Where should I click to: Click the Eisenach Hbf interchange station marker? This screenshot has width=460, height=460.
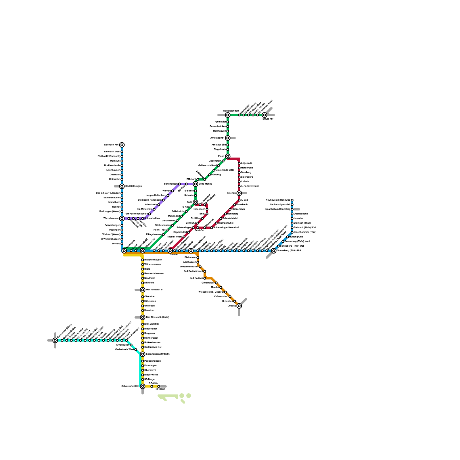tap(122, 145)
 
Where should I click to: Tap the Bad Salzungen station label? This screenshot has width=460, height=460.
tap(133, 186)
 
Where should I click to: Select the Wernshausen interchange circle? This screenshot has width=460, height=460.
tap(122, 218)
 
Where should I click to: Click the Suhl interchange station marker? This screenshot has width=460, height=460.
tap(195, 202)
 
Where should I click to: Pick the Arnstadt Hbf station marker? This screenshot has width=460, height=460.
tap(228, 138)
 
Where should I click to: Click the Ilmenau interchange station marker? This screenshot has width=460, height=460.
tap(239, 193)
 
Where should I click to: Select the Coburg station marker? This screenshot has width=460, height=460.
tap(239, 306)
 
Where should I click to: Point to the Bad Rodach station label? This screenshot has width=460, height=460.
tap(196, 278)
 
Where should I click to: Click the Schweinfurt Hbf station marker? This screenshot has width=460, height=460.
tap(143, 386)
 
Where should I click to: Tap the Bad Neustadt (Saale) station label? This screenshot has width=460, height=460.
tap(157, 317)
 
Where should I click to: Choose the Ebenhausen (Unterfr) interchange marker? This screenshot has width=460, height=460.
tap(143, 354)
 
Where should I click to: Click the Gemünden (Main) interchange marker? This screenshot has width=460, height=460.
tap(55, 340)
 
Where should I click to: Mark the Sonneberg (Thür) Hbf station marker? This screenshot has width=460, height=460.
tap(274, 251)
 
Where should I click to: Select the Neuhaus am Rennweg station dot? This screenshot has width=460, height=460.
tap(292, 200)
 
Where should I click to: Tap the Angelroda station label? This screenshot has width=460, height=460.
tap(247, 163)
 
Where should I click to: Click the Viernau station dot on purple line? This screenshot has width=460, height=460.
tap(172, 191)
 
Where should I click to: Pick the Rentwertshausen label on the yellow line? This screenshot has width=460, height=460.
tap(154, 274)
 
